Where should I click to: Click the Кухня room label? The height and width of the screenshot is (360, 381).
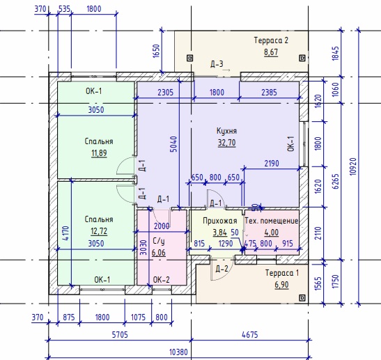226,131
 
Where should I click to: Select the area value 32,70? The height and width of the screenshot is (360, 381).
226,143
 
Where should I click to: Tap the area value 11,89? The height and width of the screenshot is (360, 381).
99,153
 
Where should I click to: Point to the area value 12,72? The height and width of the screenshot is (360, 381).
99,231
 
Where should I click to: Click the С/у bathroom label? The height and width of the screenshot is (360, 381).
159,241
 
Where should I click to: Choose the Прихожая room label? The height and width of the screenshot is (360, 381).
220,221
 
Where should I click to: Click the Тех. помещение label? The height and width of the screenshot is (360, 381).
272,221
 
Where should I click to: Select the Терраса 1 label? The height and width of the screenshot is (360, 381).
282,273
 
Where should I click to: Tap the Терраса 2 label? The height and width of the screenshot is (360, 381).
271,40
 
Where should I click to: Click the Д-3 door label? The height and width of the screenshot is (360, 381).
217,64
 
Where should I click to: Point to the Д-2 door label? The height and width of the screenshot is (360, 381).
222,268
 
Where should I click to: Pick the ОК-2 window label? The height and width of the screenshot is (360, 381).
162,280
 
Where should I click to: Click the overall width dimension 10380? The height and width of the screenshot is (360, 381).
178,352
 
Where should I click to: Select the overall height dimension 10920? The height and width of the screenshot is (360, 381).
353,166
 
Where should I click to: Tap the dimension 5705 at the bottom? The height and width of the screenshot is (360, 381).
120,335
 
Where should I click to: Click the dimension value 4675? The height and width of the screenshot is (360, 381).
250,335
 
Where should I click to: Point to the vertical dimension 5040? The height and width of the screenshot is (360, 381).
173,144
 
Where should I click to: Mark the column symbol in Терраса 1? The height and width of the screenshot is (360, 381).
302,297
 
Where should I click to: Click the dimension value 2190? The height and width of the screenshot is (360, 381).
272,164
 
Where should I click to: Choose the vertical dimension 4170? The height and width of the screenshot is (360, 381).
66,233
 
